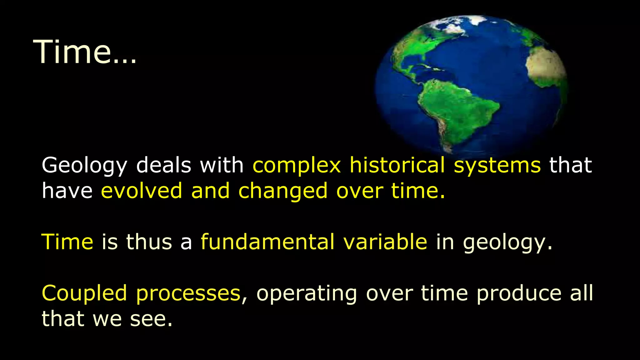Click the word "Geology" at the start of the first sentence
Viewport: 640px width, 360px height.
point(84,166)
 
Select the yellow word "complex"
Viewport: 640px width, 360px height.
point(296,166)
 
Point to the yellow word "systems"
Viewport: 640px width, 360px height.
point(497,166)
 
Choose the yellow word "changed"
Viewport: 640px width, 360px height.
point(283,191)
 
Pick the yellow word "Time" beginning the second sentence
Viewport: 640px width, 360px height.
point(67,242)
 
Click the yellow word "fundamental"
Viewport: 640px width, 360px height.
point(267,242)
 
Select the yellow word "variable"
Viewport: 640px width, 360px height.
point(385,242)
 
